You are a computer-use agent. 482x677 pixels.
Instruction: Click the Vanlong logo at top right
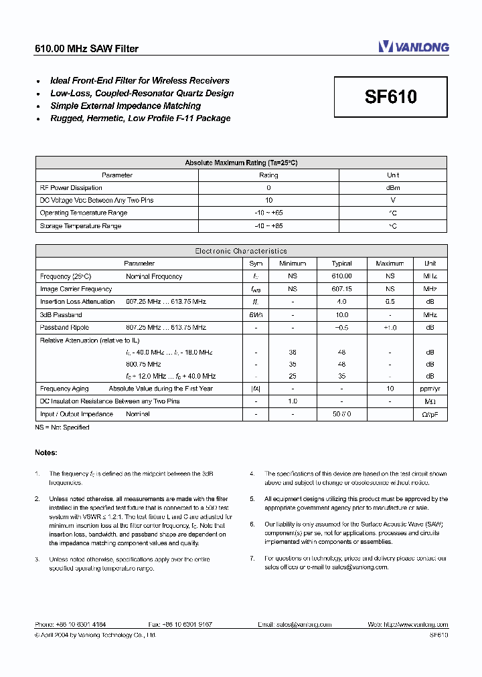click(x=413, y=46)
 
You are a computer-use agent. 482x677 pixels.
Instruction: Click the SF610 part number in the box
click(x=391, y=97)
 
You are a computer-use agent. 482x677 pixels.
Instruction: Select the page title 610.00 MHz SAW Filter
click(x=86, y=49)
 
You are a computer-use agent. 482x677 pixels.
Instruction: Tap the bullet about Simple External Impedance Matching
click(x=125, y=106)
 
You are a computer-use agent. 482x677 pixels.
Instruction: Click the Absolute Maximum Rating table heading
click(x=240, y=163)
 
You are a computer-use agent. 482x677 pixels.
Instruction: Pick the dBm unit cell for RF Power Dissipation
click(x=393, y=188)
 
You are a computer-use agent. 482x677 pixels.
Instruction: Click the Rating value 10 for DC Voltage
click(x=268, y=200)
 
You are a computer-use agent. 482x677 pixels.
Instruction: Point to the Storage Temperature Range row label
click(x=80, y=226)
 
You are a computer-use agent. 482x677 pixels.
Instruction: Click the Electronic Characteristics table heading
click(x=240, y=251)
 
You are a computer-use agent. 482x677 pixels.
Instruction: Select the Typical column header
click(x=341, y=264)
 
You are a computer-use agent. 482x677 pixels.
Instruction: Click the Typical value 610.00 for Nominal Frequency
click(x=341, y=276)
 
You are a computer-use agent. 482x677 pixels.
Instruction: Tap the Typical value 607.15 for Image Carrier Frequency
click(x=341, y=289)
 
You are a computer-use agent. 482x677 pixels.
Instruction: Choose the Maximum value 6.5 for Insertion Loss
click(x=390, y=302)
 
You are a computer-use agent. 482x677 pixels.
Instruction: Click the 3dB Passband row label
click(x=61, y=314)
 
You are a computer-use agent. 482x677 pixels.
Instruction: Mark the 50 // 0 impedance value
click(x=341, y=414)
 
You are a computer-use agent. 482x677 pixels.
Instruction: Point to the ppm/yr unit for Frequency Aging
click(x=429, y=389)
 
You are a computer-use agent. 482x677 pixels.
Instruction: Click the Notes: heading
click(x=46, y=453)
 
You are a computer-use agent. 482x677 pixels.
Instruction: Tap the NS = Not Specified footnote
click(x=62, y=427)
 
